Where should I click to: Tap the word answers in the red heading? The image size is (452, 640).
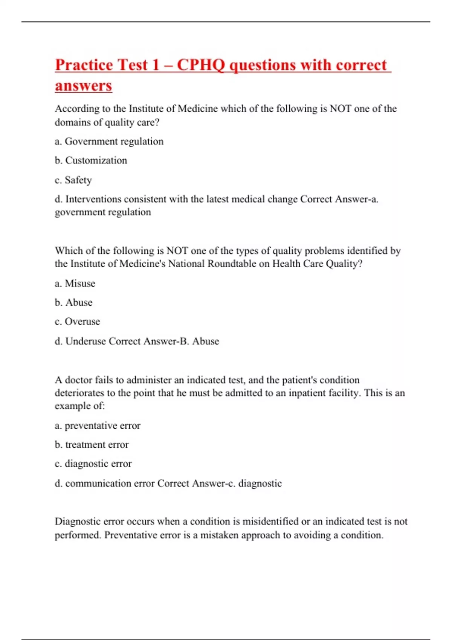(83, 85)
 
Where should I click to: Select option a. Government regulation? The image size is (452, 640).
(109, 141)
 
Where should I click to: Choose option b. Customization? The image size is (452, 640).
(91, 160)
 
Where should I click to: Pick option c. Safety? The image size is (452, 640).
(73, 180)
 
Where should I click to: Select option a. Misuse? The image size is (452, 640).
(75, 283)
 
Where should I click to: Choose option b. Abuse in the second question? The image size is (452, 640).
(74, 302)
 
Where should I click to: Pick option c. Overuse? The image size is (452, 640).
(78, 322)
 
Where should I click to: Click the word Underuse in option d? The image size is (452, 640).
(86, 341)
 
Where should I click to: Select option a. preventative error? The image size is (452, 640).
(98, 425)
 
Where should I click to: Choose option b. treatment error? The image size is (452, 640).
(92, 445)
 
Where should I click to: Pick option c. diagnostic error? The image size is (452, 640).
(93, 464)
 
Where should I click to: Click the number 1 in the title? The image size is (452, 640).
(156, 65)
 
